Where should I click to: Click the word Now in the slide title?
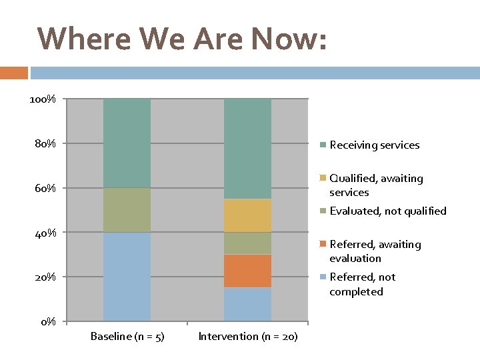pos(289,39)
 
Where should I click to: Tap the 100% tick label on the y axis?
pos(43,99)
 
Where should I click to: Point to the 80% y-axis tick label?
pos(45,143)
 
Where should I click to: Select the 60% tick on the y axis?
pos(45,188)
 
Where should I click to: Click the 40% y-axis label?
pos(45,233)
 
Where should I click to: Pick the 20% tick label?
pos(45,277)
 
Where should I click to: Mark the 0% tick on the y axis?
pos(48,322)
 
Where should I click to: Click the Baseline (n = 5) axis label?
pos(127,336)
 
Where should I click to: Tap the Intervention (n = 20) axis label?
pos(248,336)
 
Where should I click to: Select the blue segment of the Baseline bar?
pos(127,277)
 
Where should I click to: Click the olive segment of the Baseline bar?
pos(127,210)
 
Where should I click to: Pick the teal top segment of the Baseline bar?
pos(127,143)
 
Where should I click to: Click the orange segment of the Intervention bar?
pos(247,271)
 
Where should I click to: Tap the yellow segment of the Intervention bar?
pos(247,215)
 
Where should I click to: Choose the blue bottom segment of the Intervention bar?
pos(247,305)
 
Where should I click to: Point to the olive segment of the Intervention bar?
pos(247,243)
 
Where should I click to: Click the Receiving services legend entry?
pos(374,145)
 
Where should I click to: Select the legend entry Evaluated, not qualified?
pos(387,211)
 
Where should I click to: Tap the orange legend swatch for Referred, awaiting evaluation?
pos(323,245)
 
